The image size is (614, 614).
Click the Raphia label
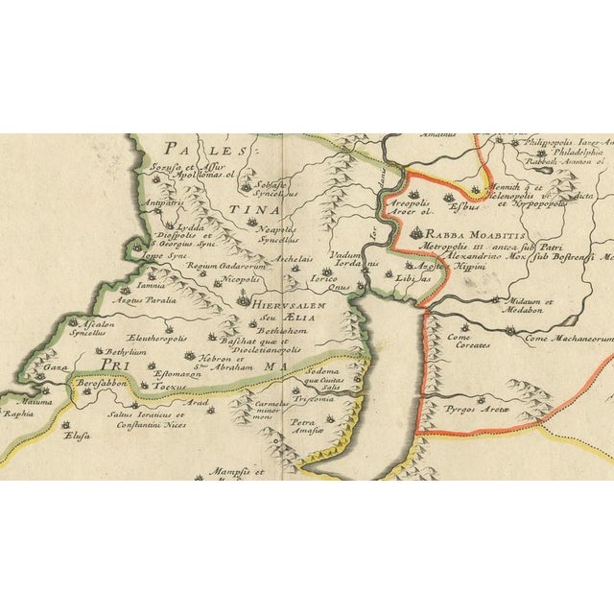click(16, 415)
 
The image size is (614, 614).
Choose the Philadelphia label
click(576, 152)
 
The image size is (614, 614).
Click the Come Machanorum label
click(568, 339)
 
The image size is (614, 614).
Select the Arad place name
click(197, 404)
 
